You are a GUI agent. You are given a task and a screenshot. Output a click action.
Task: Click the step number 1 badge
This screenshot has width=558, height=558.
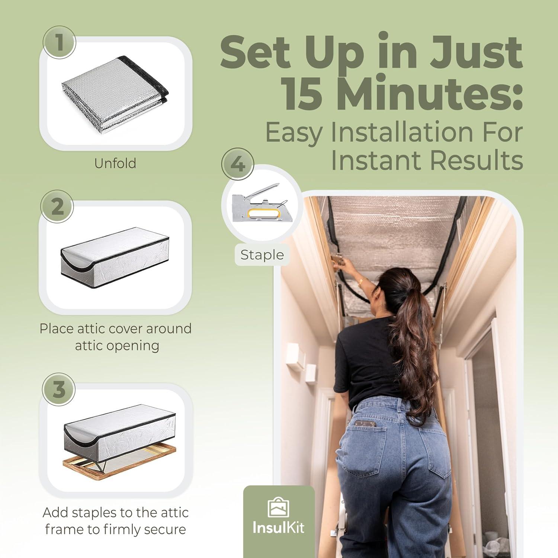(x=60, y=42)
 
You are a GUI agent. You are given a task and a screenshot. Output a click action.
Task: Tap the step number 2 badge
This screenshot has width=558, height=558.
(x=57, y=206)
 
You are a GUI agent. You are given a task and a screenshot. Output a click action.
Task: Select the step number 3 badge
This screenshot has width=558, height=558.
(x=59, y=389)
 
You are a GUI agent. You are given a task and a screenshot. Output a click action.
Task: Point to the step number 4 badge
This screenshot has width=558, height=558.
(x=238, y=164)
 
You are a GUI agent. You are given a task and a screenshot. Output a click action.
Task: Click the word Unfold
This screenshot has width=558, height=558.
(x=115, y=163)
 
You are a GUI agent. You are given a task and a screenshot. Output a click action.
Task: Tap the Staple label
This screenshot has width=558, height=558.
(x=262, y=255)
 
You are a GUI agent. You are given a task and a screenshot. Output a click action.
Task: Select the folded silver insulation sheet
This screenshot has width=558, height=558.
(x=115, y=93)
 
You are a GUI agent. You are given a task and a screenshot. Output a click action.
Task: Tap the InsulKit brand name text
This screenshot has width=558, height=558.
(x=278, y=527)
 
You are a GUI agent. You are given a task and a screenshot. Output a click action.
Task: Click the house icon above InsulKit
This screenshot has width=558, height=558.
(x=279, y=507)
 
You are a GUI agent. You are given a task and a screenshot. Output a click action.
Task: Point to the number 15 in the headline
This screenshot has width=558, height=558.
(x=301, y=93)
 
